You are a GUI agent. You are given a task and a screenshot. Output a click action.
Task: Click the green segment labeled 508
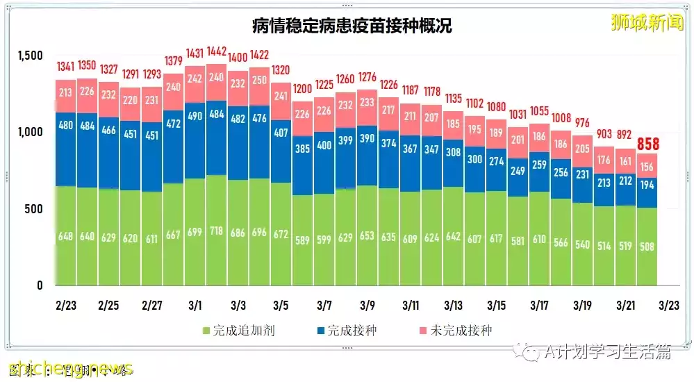coord(647,246)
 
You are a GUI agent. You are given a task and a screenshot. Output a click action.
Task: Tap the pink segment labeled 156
coord(647,165)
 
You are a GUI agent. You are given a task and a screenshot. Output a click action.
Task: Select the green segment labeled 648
coord(66,236)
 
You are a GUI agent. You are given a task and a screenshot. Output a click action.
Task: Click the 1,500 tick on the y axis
coord(30,56)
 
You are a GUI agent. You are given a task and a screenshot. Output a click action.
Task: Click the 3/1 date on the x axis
coord(195,306)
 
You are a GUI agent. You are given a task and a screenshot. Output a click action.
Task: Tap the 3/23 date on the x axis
coord(669,306)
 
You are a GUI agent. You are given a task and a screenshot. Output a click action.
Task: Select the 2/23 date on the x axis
coord(66,306)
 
